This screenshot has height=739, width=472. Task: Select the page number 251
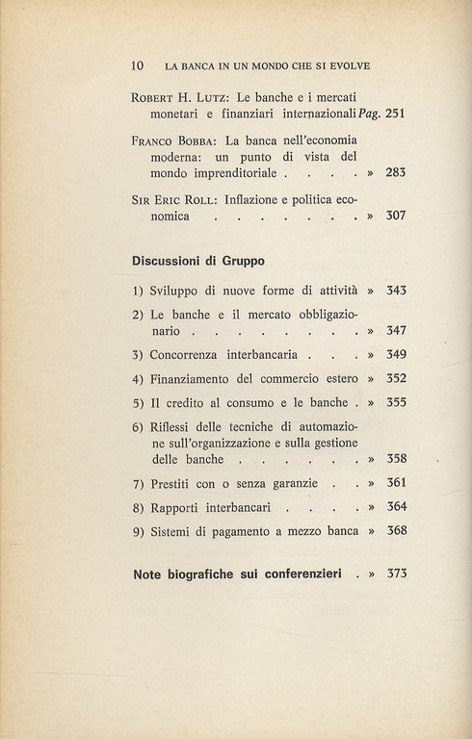coord(395,115)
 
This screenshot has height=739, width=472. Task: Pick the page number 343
coord(397,290)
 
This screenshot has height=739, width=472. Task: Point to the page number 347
coord(397,330)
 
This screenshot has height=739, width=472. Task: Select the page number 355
coord(397,402)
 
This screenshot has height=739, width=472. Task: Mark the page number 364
coord(397,506)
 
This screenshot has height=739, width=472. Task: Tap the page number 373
coord(397,573)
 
